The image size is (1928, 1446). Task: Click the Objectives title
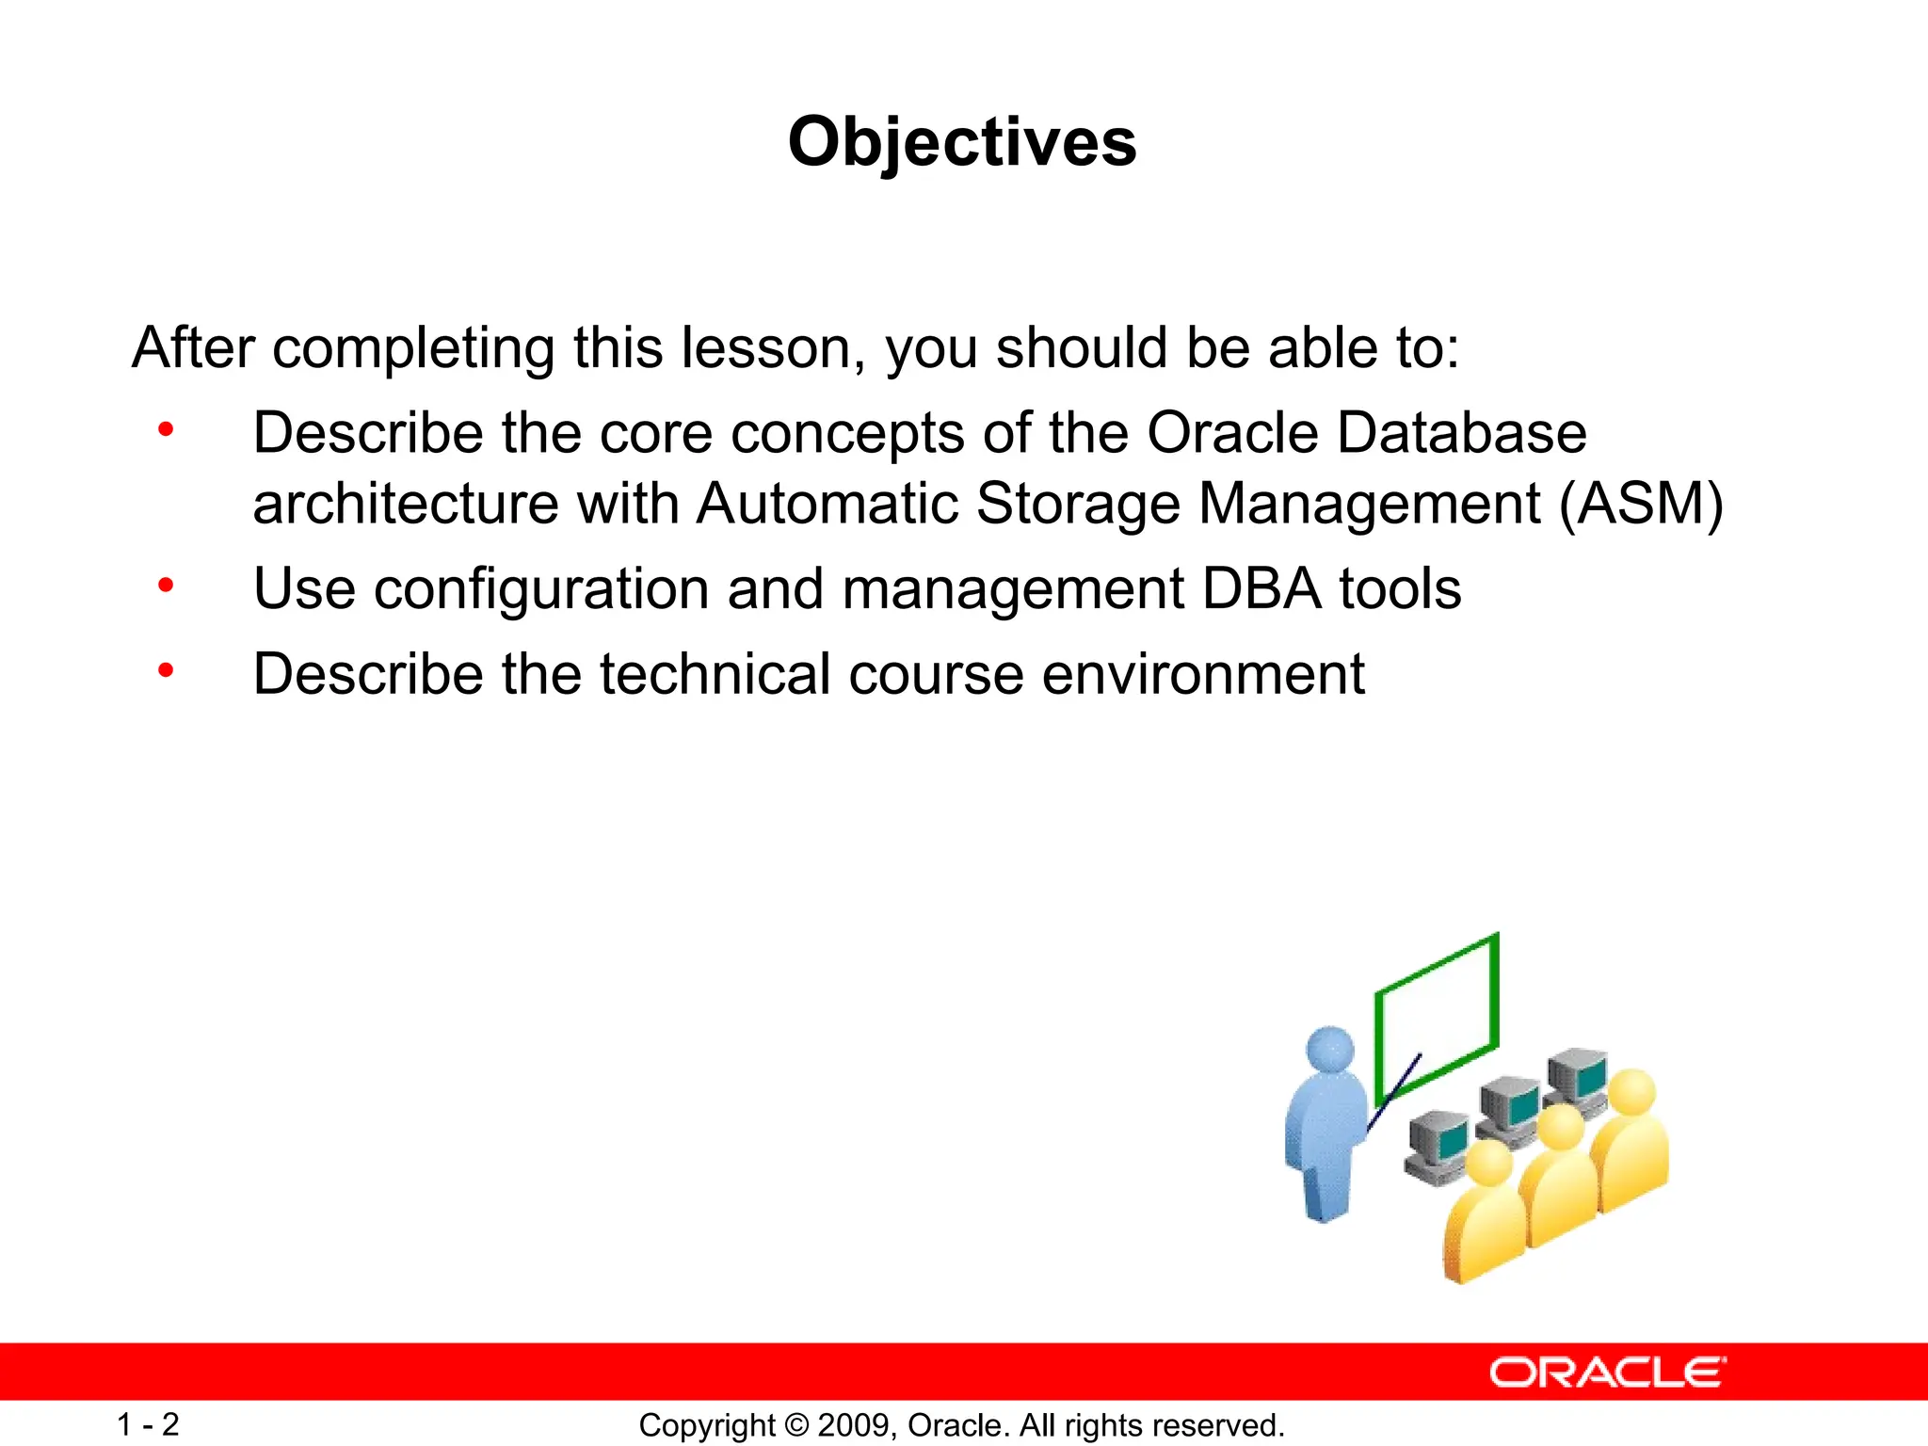(x=962, y=143)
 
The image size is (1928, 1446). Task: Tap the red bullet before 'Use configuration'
(x=167, y=586)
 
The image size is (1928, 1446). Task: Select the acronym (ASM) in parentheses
(x=1641, y=504)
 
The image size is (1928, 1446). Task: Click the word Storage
(x=1078, y=504)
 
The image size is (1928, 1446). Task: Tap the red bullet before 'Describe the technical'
(x=167, y=670)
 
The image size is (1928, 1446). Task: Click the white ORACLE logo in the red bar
(x=1607, y=1373)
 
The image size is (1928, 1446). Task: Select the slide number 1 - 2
(x=148, y=1424)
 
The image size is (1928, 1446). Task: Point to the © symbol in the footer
(x=796, y=1425)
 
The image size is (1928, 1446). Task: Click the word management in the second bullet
(x=1013, y=589)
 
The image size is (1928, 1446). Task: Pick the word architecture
(x=406, y=504)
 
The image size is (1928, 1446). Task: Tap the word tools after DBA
(x=1400, y=589)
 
